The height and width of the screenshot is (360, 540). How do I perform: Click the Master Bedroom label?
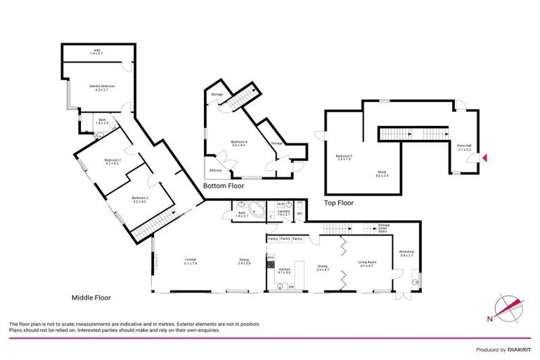click(102, 88)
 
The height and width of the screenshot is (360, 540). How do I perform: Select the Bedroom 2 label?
click(112, 161)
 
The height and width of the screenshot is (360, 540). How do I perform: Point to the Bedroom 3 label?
click(139, 200)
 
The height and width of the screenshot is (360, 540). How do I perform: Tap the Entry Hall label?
click(465, 148)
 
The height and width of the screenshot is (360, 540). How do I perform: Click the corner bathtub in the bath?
click(257, 210)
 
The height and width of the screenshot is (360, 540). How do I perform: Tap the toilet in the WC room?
click(300, 205)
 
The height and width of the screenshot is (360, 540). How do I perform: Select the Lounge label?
click(190, 261)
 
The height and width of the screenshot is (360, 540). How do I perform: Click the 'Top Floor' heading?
click(340, 202)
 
